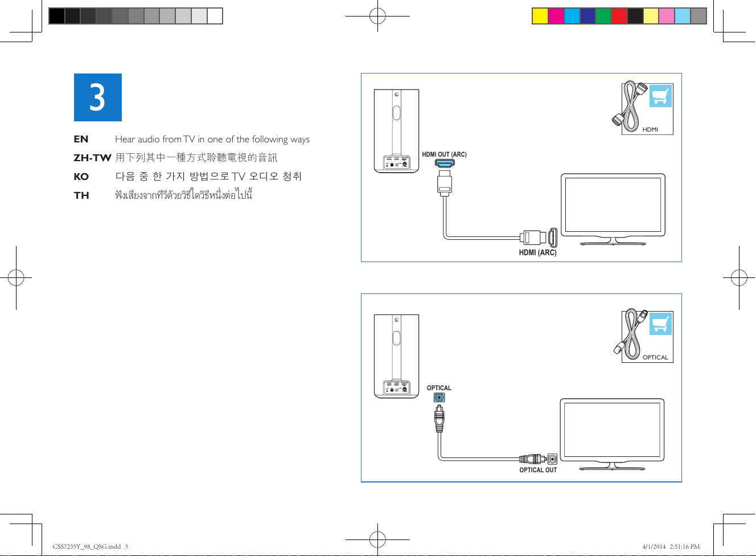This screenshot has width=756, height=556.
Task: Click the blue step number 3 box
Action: coord(97,97)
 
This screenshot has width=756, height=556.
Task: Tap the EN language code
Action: coord(81,139)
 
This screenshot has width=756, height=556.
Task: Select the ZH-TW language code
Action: coord(92,158)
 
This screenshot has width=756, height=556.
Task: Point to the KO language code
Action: coord(81,177)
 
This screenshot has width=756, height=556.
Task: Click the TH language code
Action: coord(81,195)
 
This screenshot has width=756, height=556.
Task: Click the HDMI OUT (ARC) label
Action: coord(444,154)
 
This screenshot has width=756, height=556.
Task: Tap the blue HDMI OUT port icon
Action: coord(445,163)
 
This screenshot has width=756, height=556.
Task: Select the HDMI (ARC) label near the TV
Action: coord(537,252)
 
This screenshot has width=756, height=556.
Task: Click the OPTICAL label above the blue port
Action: coord(439,388)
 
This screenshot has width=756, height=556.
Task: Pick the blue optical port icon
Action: coord(439,397)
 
